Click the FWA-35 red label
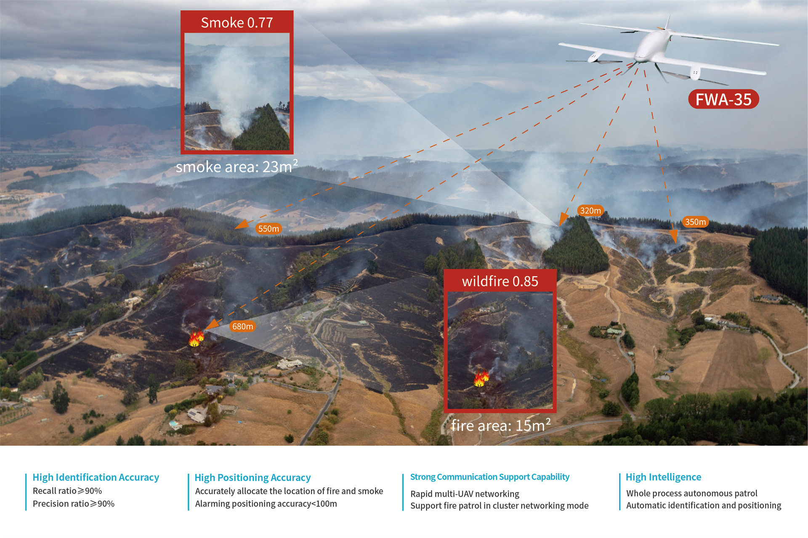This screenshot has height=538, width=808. [723, 99]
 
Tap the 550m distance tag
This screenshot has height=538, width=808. [268, 228]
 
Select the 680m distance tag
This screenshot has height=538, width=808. [243, 326]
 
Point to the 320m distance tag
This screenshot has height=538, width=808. [590, 210]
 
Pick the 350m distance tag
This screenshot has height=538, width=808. [695, 222]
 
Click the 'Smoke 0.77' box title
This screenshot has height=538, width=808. [237, 22]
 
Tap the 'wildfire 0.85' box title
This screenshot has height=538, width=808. [500, 281]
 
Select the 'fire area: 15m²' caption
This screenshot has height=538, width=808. [500, 425]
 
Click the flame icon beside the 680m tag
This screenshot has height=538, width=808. [196, 338]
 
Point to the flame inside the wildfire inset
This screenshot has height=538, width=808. [481, 378]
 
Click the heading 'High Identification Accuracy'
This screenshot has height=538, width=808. [96, 477]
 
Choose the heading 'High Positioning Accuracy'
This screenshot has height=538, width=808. [252, 477]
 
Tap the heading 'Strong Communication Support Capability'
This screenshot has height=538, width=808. [489, 477]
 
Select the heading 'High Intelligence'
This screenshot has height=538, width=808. [663, 477]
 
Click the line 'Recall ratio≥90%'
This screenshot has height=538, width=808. [67, 490]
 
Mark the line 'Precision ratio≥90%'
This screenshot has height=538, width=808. [74, 504]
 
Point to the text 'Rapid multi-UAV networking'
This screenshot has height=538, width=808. [465, 493]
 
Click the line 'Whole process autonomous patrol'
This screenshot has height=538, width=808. [691, 493]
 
